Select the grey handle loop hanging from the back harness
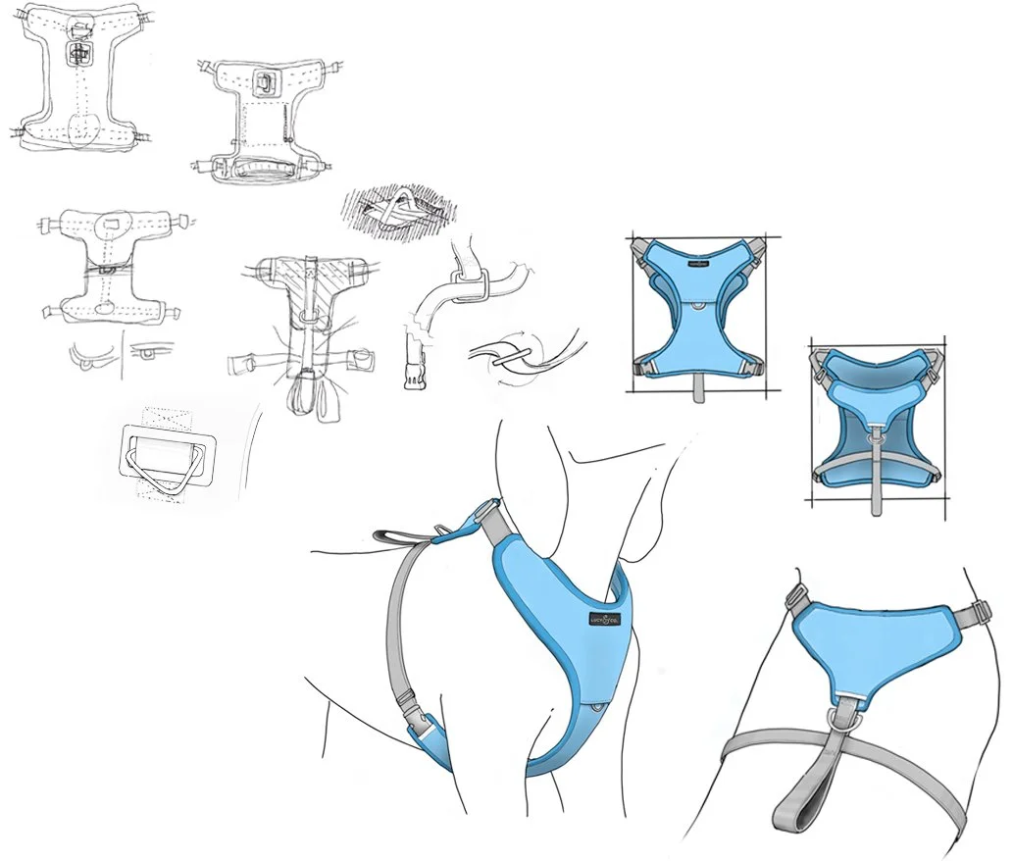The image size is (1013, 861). [x=796, y=792]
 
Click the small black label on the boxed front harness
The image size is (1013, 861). [x=698, y=263]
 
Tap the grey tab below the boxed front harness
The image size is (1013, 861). [x=697, y=386]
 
